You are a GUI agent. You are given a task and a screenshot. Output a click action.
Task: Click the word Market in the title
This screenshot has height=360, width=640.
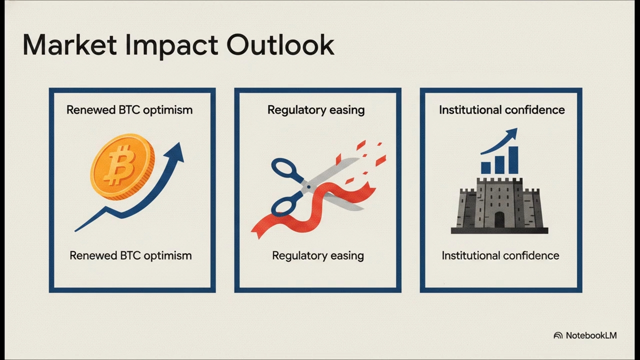click(x=69, y=45)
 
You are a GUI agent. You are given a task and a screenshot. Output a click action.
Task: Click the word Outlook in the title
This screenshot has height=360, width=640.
click(x=280, y=45)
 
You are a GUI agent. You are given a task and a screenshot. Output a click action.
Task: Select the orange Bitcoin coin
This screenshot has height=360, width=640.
click(x=122, y=167)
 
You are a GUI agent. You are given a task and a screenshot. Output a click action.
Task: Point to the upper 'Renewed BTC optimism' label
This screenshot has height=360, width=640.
click(x=129, y=110)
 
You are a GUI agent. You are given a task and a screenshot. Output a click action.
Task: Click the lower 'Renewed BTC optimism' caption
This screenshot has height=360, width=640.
click(x=130, y=255)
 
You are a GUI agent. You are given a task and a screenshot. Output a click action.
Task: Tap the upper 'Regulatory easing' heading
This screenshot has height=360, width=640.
click(x=316, y=110)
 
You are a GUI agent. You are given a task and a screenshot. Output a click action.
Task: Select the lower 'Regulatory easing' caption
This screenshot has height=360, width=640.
click(x=318, y=255)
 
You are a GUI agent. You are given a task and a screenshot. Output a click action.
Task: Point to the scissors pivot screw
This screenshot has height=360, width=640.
click(x=308, y=187)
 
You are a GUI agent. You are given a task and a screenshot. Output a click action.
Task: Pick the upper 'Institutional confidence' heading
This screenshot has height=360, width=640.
click(x=501, y=110)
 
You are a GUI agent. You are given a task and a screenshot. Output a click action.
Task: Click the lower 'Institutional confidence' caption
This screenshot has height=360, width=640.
click(x=500, y=255)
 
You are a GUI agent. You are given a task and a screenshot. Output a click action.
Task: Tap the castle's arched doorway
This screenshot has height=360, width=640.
click(x=499, y=219)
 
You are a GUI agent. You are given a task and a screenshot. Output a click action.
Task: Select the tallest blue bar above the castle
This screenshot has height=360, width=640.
click(x=513, y=160)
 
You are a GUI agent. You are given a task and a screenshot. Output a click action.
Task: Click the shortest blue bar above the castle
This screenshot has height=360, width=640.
click(x=486, y=168)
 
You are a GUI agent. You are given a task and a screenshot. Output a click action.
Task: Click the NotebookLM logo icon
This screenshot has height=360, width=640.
click(x=558, y=335)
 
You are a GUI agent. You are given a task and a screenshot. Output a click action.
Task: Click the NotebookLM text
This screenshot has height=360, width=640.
click(x=591, y=335)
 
